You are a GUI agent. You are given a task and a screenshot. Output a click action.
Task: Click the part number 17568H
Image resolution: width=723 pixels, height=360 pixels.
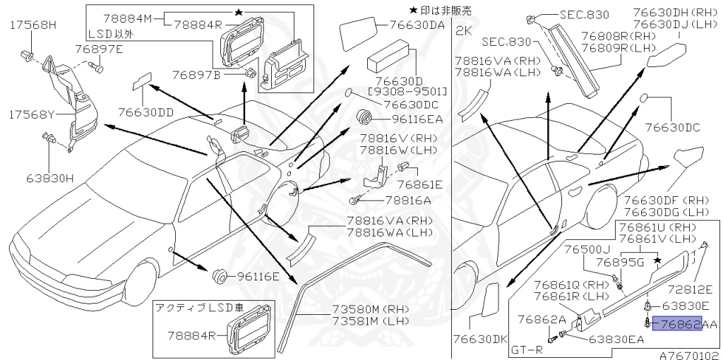(x=33, y=25)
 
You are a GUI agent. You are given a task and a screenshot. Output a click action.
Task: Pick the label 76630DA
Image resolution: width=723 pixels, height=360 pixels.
(x=416, y=25)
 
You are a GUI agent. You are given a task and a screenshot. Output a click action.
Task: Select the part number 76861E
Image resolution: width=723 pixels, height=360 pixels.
(x=419, y=185)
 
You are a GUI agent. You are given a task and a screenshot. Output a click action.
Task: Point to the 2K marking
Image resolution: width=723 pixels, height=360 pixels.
(x=463, y=30)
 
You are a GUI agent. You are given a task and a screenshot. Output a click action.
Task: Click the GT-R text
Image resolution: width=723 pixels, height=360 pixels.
(x=527, y=349)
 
